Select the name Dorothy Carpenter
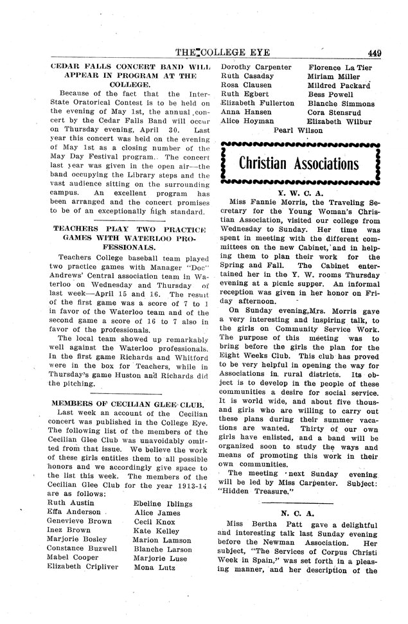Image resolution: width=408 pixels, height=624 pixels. point(256,66)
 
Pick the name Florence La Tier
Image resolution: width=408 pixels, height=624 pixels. point(339,66)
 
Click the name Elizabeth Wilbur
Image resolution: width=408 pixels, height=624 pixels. point(340,121)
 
